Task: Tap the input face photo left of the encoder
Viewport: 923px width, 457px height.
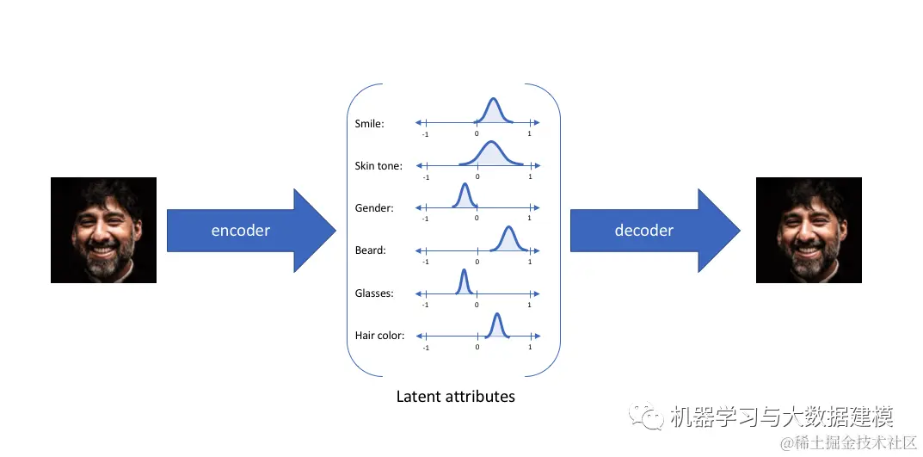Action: tap(103, 230)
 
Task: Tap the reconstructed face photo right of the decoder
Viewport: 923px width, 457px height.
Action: tap(808, 230)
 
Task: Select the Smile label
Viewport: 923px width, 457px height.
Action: tap(369, 124)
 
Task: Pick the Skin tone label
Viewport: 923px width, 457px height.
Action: tap(378, 165)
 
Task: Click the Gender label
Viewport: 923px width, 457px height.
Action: tap(373, 207)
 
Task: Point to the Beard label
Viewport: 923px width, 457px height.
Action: tap(370, 250)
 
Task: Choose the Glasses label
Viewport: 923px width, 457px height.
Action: tap(373, 293)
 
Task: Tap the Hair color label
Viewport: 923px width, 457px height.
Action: tap(378, 335)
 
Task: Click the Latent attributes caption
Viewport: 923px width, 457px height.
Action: tap(455, 397)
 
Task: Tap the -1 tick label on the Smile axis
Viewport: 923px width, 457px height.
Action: tap(425, 134)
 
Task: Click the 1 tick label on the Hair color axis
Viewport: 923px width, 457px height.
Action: tap(529, 347)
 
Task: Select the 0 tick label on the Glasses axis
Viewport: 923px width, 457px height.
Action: tap(477, 305)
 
